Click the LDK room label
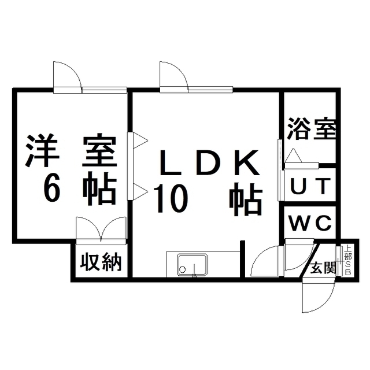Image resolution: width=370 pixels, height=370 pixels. [209, 162]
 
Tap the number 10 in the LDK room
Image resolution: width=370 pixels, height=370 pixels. [171, 199]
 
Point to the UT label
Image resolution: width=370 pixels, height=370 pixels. [310, 186]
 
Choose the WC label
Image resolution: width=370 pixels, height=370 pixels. [310, 224]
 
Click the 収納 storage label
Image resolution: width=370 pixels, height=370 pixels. [101, 262]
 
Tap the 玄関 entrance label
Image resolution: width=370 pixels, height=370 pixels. [323, 268]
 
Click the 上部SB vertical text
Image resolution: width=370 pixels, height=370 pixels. [348, 260]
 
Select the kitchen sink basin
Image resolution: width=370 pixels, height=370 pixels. [193, 265]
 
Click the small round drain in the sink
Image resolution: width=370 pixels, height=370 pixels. [183, 269]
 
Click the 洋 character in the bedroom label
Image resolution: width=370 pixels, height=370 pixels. [42, 150]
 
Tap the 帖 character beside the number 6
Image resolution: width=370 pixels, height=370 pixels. [100, 188]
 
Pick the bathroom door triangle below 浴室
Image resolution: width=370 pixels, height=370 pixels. [293, 156]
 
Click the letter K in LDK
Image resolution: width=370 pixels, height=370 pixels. [247, 162]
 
